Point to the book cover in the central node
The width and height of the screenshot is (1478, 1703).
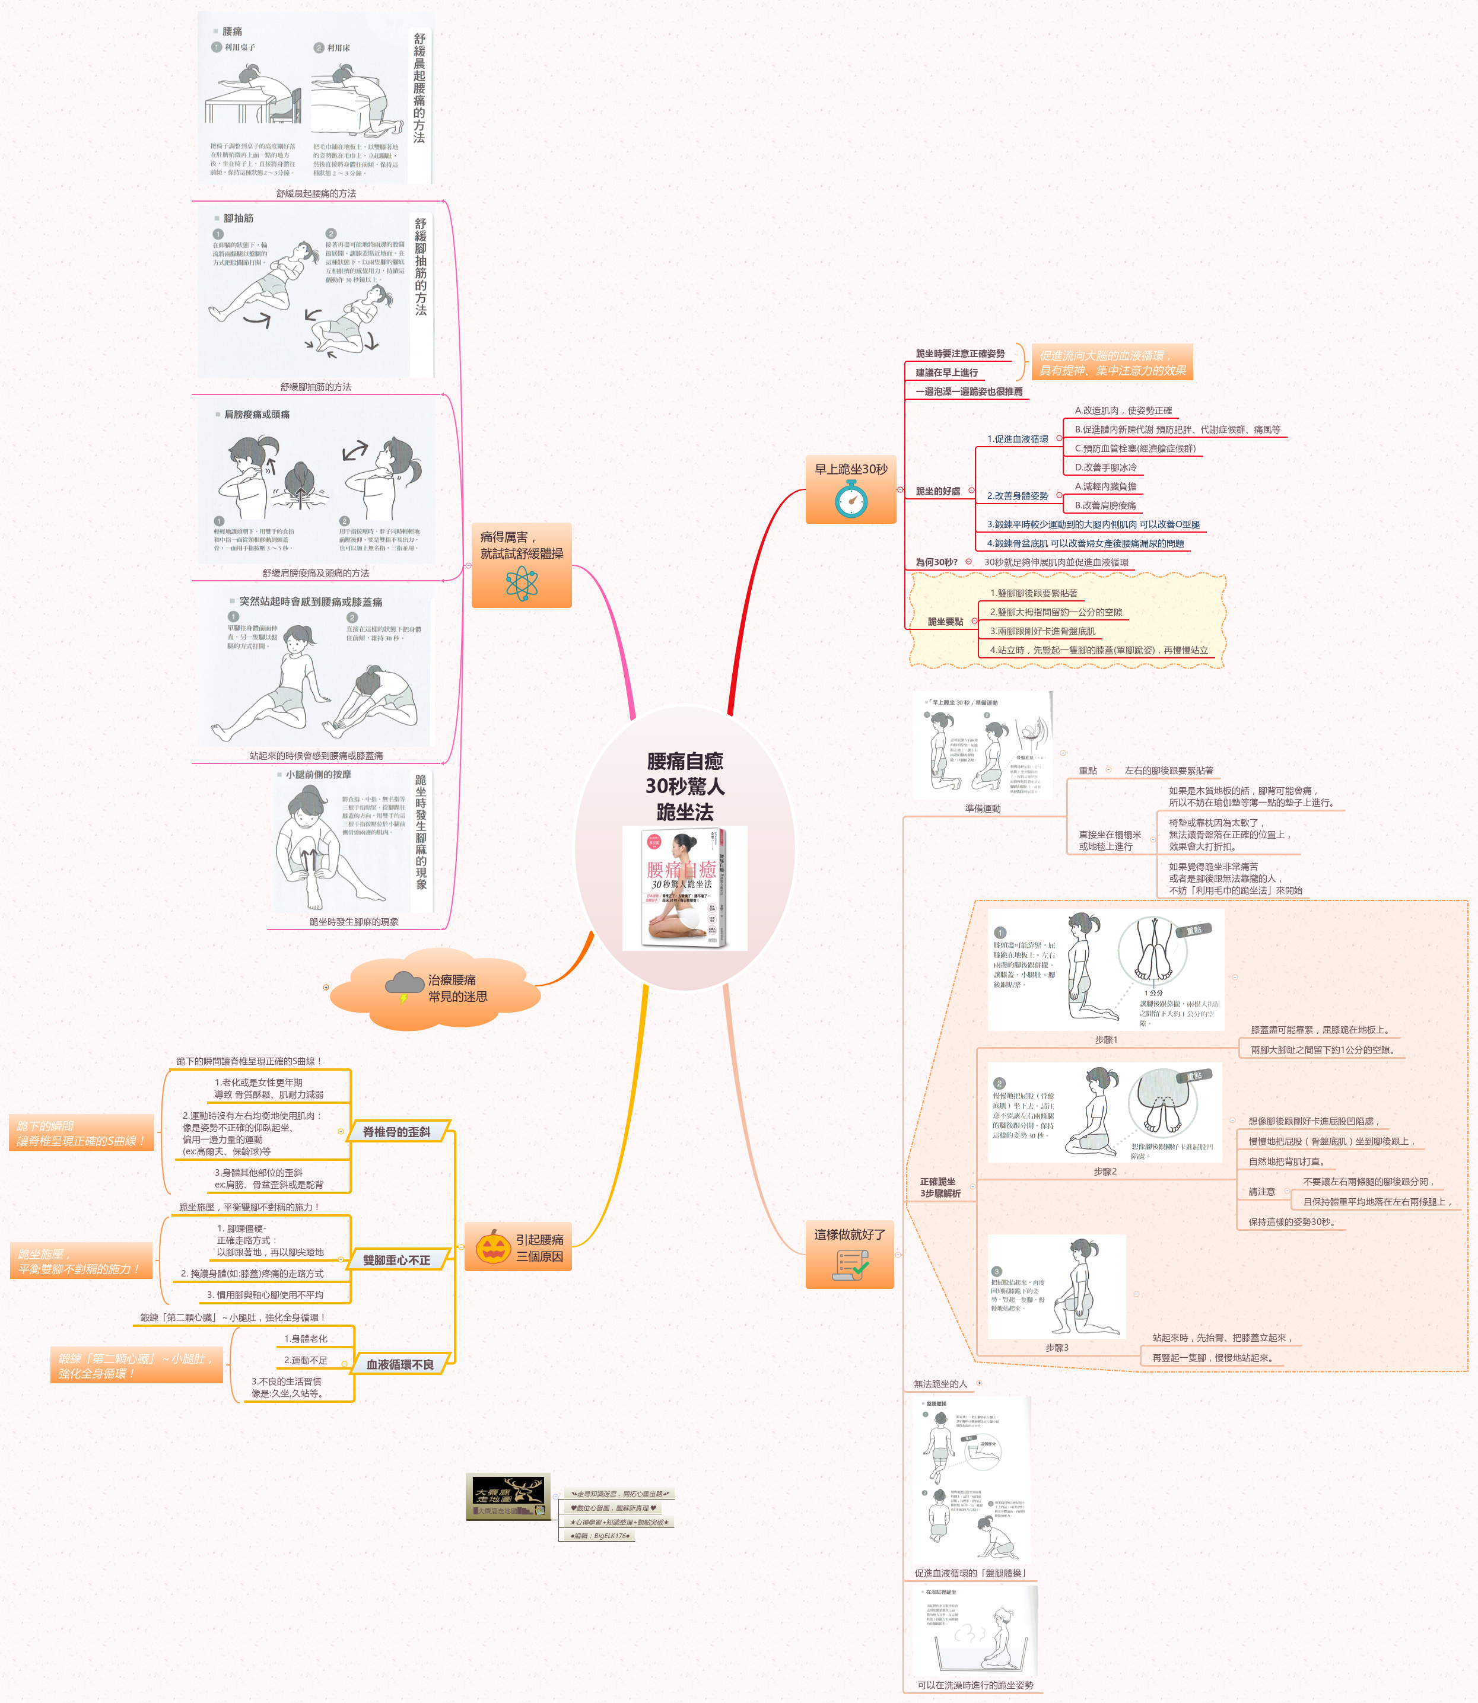685,888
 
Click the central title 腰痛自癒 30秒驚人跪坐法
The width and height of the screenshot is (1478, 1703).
685,785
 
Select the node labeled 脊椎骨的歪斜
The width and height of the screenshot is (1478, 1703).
397,1132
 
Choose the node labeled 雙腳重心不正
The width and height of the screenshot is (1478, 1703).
397,1260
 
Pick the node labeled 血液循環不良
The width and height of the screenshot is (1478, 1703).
400,1365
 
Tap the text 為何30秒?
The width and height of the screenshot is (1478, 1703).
936,562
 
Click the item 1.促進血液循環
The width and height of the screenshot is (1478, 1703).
1018,439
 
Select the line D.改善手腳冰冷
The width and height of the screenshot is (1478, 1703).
1105,467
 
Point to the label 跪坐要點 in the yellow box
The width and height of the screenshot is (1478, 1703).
945,621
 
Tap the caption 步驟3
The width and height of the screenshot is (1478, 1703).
1057,1348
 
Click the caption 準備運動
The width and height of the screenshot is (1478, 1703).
983,808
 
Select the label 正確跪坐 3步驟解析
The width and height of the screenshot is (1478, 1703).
939,1187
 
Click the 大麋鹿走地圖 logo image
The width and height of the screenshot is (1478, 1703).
508,1497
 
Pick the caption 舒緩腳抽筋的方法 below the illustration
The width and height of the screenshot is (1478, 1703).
316,386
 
